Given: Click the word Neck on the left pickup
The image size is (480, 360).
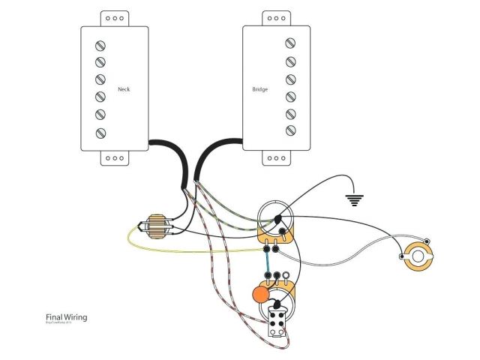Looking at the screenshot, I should (x=124, y=89).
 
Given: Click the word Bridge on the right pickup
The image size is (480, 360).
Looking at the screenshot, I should (x=259, y=89).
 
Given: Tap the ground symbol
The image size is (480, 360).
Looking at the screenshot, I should (x=354, y=200).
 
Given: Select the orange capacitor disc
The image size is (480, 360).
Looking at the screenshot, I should (x=259, y=293).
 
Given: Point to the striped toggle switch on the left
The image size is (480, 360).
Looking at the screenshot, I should (x=156, y=226).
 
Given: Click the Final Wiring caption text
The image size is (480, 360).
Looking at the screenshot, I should (x=66, y=317).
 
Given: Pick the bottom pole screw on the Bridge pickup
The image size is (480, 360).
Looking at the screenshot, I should (x=289, y=133).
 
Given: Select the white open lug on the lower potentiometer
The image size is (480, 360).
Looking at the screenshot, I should (x=288, y=276).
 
